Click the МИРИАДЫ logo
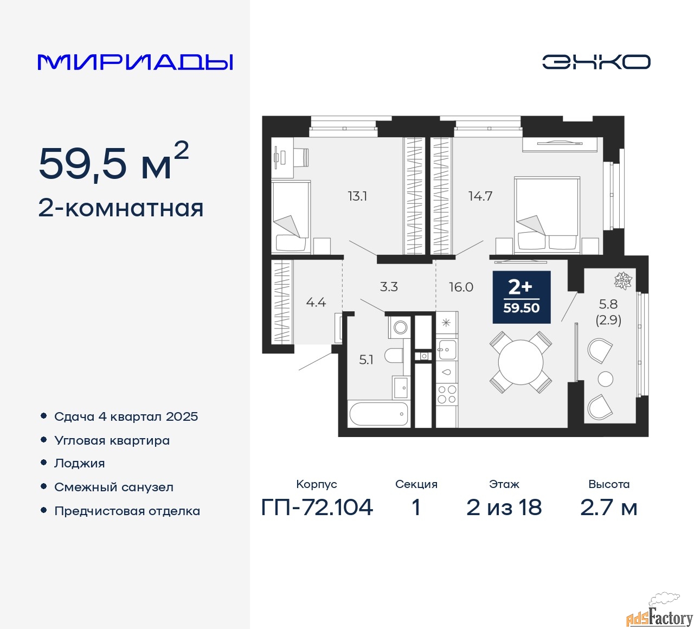click(135, 62)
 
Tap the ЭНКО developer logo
click(596, 62)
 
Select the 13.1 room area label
click(357, 196)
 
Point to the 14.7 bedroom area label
click(480, 196)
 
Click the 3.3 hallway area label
click(389, 286)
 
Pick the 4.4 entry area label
click(316, 303)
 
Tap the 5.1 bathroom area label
click(366, 360)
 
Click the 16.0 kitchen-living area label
click(461, 287)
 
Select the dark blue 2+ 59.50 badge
click(522, 297)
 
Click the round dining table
click(520, 362)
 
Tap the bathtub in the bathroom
click(378, 413)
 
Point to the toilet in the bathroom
click(395, 355)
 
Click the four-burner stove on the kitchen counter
click(447, 394)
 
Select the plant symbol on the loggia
click(623, 280)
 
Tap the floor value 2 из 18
click(504, 507)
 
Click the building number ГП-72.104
click(317, 507)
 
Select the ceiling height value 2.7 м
click(608, 507)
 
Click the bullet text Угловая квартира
click(112, 440)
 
